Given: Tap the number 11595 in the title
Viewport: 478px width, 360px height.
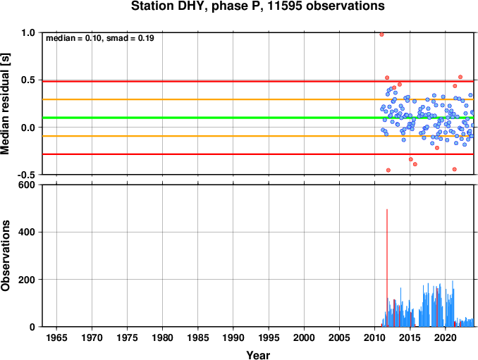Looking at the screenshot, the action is point(286,6).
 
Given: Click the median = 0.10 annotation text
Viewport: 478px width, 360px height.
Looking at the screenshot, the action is point(73,38).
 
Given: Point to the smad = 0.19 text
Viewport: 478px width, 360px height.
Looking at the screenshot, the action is point(130,38).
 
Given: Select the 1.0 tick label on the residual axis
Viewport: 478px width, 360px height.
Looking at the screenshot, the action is point(28,32).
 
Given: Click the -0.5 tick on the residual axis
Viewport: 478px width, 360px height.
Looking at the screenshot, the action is point(27,175).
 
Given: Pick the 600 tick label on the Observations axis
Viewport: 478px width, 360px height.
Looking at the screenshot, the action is point(27,185).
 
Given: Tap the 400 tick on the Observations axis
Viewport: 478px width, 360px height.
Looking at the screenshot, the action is point(27,232).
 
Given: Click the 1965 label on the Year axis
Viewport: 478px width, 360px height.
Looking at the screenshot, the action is point(56,337).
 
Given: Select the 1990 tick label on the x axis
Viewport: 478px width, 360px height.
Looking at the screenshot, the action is point(233,337).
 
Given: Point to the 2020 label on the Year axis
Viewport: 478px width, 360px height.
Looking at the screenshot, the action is point(446,337).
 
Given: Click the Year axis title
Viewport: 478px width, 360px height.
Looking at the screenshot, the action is point(258,355).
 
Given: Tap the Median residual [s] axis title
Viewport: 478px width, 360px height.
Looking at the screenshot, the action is point(6,104).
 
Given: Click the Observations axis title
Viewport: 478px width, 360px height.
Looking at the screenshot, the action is point(6,256).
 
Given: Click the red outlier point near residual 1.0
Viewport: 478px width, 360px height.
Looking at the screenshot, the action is point(381,35).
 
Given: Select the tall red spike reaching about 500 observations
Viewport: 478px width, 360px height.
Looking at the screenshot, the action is point(387,268).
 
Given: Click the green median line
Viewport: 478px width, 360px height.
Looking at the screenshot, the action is point(258,118).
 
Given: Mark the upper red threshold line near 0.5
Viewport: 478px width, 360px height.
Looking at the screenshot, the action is point(258,81).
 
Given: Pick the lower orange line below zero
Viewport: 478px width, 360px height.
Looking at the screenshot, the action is point(258,136).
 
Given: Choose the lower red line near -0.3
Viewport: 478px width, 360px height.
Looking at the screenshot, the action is point(258,154).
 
